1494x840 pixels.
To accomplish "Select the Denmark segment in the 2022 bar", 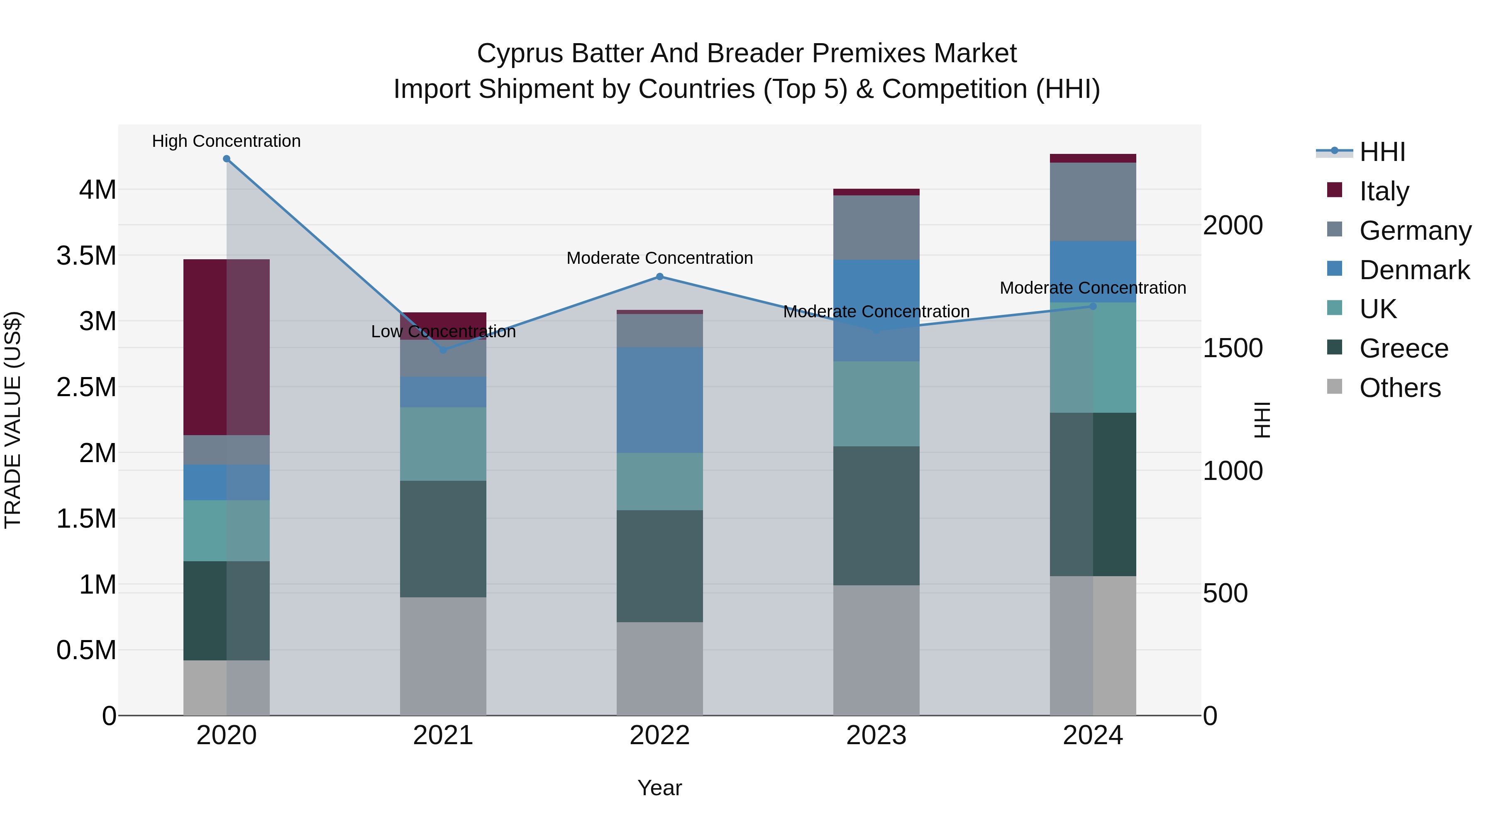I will coord(659,400).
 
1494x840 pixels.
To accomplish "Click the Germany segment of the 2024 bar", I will coord(1093,202).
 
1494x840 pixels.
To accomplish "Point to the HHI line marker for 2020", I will coord(227,159).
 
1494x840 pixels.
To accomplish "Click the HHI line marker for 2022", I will coord(659,277).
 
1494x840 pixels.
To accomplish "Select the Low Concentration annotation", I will coord(443,331).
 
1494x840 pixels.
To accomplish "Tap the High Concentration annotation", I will coord(226,141).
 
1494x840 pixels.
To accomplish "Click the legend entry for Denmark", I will coord(1414,270).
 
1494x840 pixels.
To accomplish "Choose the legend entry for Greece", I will coord(1404,348).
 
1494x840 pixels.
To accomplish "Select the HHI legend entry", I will coord(1382,152).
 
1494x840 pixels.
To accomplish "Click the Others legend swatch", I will coord(1335,387).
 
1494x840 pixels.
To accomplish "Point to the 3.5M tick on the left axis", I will coord(86,256).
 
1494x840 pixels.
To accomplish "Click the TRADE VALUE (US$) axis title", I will coord(13,420).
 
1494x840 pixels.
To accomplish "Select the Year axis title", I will coord(659,788).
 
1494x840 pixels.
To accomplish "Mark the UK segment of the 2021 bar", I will coord(443,443).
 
